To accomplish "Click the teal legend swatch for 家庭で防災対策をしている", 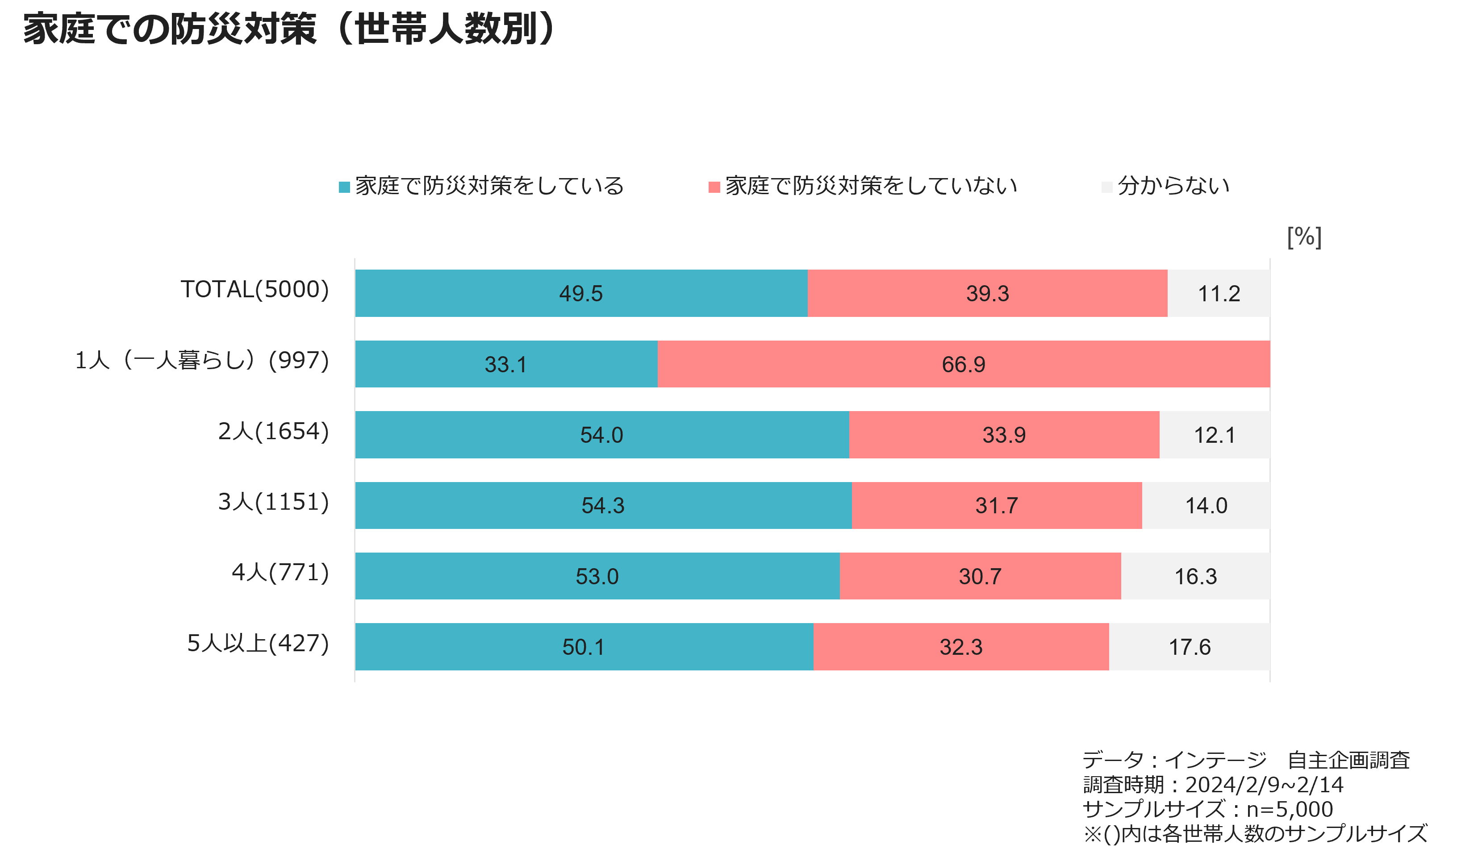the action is [x=344, y=187].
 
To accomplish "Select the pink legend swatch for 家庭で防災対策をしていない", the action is [x=714, y=187].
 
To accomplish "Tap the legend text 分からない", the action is [x=1174, y=186].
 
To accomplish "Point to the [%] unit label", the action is [x=1304, y=237].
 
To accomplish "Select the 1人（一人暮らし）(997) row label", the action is [x=202, y=360].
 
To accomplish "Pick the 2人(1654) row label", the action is [x=273, y=431].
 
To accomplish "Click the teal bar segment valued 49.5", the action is [x=581, y=293].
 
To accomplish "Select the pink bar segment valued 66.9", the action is [x=964, y=364].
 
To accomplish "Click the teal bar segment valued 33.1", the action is [x=506, y=364].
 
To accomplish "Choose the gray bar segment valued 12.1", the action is [x=1215, y=435].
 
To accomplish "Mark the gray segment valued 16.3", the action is [x=1195, y=576].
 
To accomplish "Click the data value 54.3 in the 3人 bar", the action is [x=603, y=506].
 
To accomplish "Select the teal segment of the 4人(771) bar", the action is [x=597, y=576].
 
